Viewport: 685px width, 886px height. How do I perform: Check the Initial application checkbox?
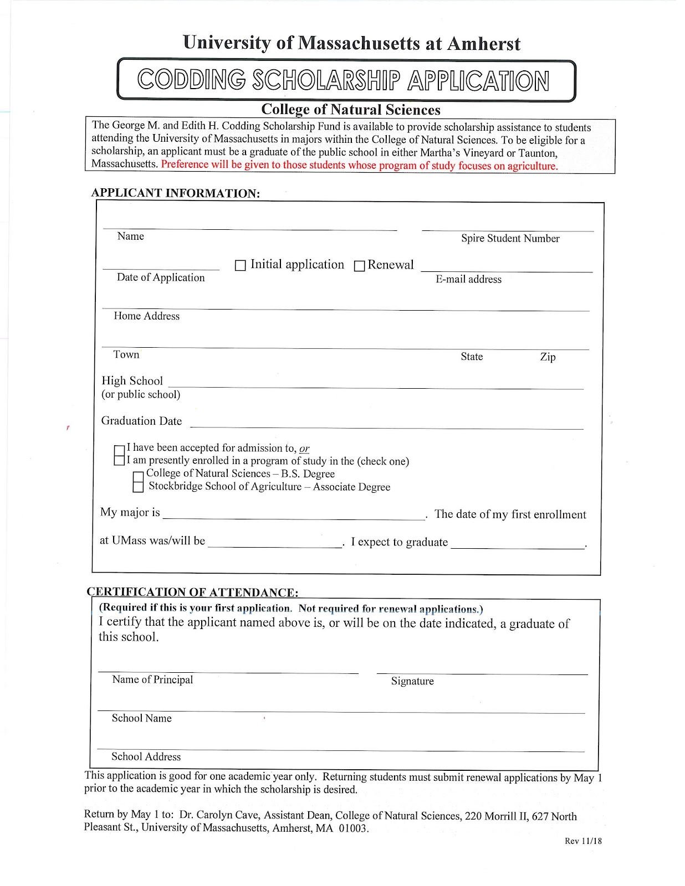241,266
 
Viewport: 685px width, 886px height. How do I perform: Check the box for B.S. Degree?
139,476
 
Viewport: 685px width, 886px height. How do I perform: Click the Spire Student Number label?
510,239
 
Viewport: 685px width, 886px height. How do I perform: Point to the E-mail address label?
468,280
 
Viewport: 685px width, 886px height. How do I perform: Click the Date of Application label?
161,278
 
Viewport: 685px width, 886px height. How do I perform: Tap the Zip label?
548,357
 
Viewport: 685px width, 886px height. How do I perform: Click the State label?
472,357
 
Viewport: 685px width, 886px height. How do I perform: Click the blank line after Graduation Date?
386,424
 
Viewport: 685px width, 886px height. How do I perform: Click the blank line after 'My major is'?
294,514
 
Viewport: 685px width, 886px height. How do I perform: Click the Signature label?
412,681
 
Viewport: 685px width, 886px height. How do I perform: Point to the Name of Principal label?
152,680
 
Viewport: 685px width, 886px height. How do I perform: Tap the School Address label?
146,757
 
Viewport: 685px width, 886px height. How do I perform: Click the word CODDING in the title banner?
192,80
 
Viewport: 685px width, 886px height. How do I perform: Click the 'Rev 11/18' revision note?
583,841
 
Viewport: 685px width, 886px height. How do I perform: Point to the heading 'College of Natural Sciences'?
351,110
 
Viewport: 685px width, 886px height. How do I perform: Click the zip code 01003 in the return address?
352,829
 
